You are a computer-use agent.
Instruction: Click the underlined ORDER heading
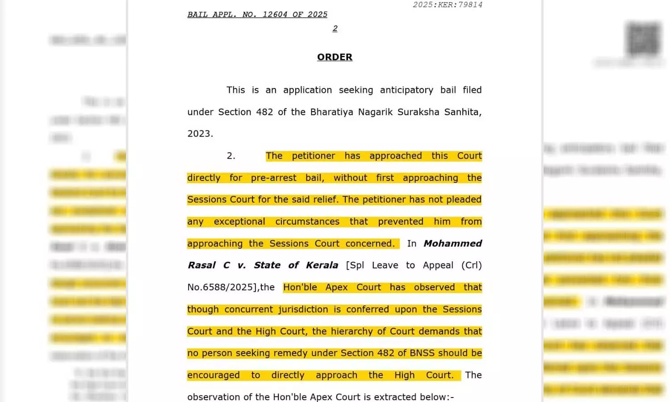335,57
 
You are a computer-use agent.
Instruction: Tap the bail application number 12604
275,15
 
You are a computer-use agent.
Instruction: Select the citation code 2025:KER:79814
448,5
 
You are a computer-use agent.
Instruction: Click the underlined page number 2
335,29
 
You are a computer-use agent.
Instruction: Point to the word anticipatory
406,90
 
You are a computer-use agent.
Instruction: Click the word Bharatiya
331,112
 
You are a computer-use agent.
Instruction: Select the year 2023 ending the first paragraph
200,134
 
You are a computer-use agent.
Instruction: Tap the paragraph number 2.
231,156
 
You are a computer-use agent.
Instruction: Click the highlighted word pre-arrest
273,178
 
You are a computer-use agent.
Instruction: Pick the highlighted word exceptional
239,222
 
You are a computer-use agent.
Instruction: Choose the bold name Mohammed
452,243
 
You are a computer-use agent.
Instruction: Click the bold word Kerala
322,265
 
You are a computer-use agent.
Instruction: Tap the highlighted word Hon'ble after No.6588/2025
300,287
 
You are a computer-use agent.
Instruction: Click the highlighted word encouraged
214,375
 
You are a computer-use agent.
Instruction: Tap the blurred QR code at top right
643,39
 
